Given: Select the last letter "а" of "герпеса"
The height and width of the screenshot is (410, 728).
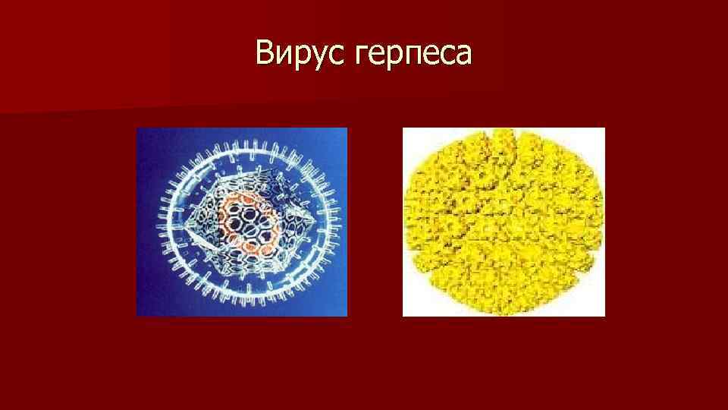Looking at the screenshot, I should [463, 55].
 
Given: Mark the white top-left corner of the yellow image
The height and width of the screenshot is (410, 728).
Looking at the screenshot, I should [409, 135].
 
